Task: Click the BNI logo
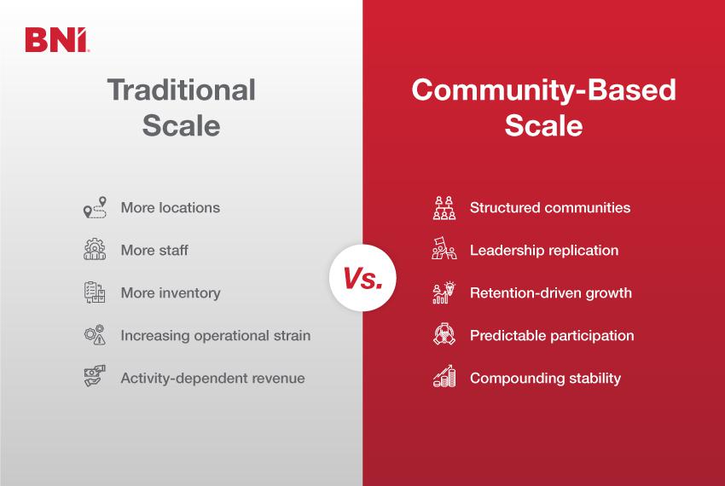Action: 56,40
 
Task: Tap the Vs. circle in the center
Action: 362,279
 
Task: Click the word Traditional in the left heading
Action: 181,90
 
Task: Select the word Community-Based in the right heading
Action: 543,90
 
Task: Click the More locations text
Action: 170,207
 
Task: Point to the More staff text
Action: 154,250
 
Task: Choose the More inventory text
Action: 171,292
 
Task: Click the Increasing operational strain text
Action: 215,335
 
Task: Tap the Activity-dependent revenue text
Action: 212,378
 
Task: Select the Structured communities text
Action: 550,207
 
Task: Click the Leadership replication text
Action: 544,250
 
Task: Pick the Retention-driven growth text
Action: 551,292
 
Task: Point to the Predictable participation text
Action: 552,335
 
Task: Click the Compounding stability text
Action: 545,378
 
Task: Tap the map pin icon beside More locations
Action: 95,207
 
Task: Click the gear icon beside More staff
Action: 95,250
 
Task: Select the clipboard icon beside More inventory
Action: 95,292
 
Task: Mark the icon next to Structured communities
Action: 444,207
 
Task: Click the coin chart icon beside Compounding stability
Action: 444,377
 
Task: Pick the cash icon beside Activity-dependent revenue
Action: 95,377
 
